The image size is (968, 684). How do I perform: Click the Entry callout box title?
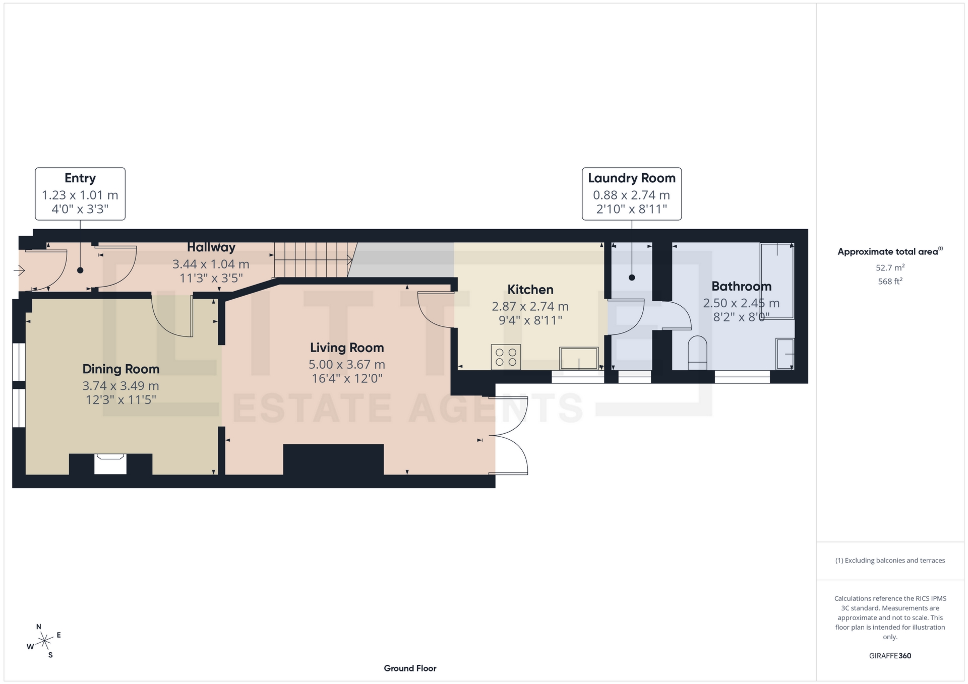pos(80,178)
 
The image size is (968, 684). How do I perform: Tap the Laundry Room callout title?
pos(631,178)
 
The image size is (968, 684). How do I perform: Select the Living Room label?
pos(347,348)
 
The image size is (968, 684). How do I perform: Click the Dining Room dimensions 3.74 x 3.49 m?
pos(120,386)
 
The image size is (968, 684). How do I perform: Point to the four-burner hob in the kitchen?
pos(506,357)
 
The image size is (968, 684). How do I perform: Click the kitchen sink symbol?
pos(578,359)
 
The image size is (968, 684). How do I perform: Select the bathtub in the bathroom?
pos(777,281)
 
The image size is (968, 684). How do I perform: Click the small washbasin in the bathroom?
pos(785,354)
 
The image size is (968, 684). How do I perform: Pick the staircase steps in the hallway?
pos(312,259)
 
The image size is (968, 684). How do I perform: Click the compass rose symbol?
pos(45,641)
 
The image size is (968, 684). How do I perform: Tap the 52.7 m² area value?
pos(890,267)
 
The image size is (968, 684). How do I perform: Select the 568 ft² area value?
pos(890,282)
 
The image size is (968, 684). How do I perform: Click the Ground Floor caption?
pos(410,668)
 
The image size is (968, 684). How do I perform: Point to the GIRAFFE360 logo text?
pos(890,656)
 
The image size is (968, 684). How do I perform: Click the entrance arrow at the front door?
pos(19,271)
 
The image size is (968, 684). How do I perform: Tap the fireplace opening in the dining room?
pos(110,463)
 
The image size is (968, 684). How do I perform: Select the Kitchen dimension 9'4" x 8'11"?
pos(530,320)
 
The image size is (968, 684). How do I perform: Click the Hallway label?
pos(211,247)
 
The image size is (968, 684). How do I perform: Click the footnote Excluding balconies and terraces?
pos(890,561)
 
